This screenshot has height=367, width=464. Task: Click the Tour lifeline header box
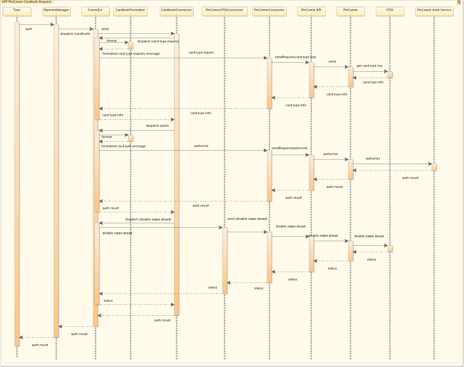click(x=17, y=11)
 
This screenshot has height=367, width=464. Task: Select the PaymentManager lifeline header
click(x=56, y=11)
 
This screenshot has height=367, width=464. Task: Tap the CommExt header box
click(x=95, y=11)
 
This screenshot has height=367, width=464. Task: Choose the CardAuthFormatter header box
click(x=130, y=11)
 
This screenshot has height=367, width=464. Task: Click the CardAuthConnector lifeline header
click(x=176, y=11)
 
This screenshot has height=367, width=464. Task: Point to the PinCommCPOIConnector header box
click(x=224, y=11)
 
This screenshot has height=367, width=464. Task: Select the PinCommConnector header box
click(x=269, y=11)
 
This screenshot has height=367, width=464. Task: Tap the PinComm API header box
click(x=311, y=11)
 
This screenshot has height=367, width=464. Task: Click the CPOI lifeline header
click(x=390, y=11)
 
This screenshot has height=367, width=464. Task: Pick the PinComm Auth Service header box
click(x=434, y=11)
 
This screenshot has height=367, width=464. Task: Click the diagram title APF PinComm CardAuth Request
click(x=27, y=2)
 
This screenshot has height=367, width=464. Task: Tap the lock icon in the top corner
click(x=459, y=3)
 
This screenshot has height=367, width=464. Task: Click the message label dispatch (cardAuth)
click(x=75, y=34)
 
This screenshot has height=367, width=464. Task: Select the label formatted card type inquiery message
click(x=131, y=54)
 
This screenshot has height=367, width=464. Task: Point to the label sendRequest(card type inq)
click(x=295, y=57)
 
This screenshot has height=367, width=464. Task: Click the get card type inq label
click(x=369, y=66)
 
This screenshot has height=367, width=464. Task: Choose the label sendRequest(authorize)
click(x=289, y=148)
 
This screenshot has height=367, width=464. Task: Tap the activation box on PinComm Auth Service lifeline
click(x=434, y=167)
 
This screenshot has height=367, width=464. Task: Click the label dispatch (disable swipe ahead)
click(x=148, y=219)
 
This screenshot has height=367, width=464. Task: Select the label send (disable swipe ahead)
click(x=247, y=219)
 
